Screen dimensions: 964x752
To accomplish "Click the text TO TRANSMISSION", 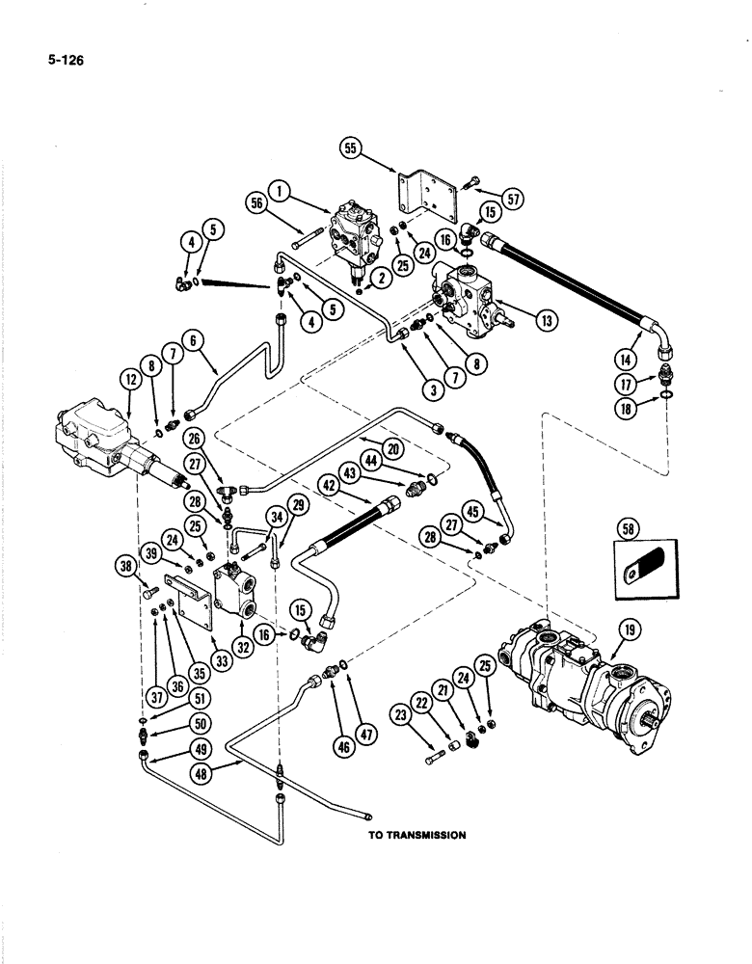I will click(416, 836).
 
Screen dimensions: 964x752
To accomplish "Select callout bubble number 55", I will click(351, 148).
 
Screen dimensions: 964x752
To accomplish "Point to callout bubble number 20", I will click(391, 448).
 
